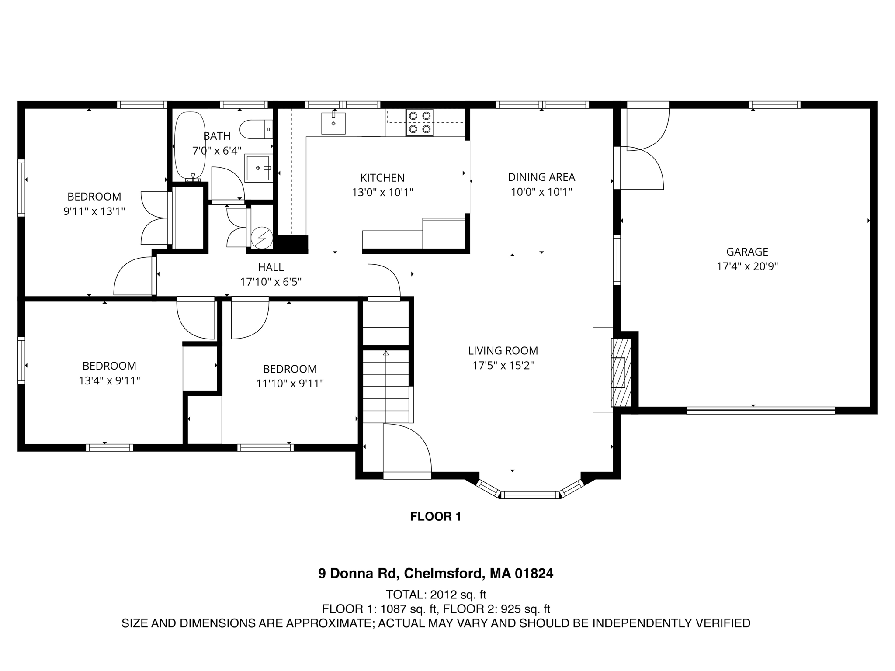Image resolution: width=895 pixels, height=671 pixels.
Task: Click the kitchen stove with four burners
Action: click(420, 122)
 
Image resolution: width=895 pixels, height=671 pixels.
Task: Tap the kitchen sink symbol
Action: click(333, 123)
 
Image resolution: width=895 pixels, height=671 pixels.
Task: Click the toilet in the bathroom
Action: click(255, 129)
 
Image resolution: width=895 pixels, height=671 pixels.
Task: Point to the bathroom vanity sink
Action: click(258, 168)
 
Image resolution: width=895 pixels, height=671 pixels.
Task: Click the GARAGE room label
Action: click(747, 252)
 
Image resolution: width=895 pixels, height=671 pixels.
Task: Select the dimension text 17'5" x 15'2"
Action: click(503, 365)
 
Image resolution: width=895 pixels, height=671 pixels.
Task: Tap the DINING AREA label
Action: click(541, 177)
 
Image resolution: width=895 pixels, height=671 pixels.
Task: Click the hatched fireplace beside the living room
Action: click(621, 373)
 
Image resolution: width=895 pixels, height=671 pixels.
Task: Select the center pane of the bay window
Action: click(530, 495)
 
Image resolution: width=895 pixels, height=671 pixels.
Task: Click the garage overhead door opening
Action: click(760, 410)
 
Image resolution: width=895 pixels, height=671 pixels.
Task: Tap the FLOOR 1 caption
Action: click(435, 517)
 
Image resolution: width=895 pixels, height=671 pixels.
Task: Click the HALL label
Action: click(271, 267)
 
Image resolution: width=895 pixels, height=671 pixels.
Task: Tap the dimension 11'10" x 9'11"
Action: click(290, 384)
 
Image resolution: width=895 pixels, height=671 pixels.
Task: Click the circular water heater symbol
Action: click(262, 238)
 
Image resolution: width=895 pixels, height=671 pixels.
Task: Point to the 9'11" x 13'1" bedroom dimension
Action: click(94, 211)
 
